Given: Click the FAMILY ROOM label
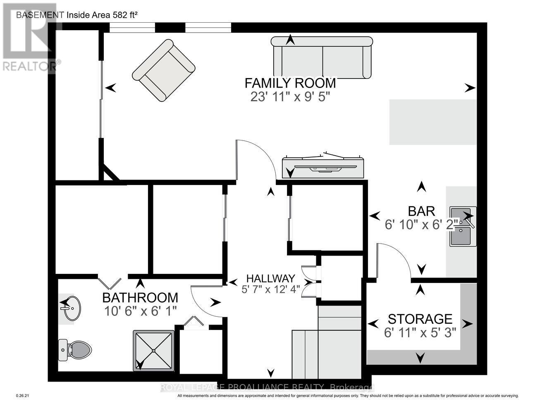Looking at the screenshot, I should [290, 83].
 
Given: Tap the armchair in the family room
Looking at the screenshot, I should [163, 70].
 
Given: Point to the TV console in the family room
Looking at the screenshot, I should [323, 166].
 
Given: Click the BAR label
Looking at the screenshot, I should [421, 211].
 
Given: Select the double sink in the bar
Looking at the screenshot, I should [463, 226].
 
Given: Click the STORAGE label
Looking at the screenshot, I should [420, 319].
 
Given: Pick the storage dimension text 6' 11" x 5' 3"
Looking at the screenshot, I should [420, 332].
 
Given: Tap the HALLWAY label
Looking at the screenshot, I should [270, 278].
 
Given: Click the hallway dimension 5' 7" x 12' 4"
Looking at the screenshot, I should [270, 289].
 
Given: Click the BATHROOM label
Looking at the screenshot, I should [140, 297].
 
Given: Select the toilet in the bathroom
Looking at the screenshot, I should [75, 349].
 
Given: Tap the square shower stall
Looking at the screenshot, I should [153, 350].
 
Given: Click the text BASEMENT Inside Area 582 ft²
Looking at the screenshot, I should [76, 15].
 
